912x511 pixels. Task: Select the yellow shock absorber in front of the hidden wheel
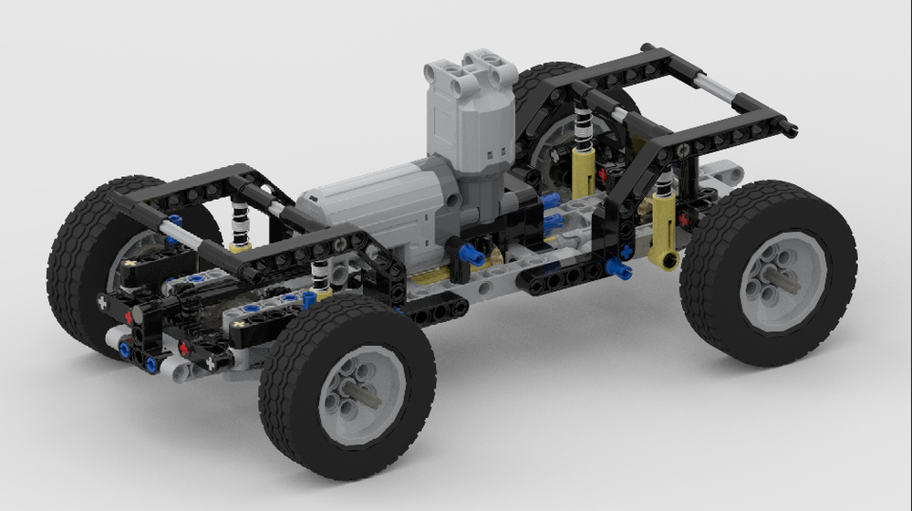click(x=585, y=164)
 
